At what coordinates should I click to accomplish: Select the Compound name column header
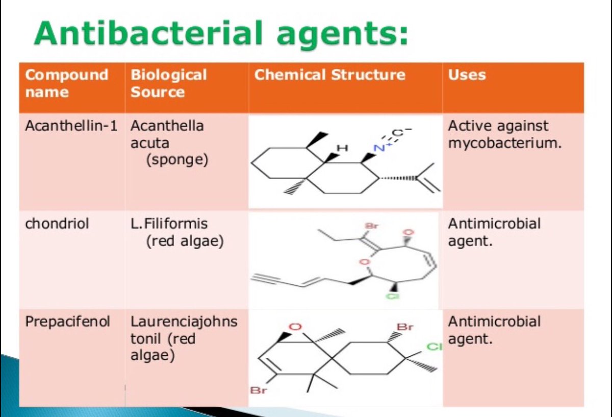pos(66,83)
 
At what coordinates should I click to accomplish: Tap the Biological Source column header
pos(169,83)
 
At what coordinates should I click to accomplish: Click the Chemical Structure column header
pos(329,75)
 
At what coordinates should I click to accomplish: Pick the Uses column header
pos(467,75)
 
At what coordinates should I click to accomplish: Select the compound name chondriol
pos(57,224)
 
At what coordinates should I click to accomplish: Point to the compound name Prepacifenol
pos(67,322)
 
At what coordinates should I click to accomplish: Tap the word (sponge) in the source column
pos(177,160)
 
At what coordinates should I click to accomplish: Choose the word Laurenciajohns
pos(184,322)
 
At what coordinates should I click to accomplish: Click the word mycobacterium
pos(504,143)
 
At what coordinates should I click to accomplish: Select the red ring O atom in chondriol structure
pos(363,262)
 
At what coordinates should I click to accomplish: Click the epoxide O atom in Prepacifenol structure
pos(295,327)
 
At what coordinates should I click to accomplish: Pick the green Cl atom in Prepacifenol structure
pos(433,348)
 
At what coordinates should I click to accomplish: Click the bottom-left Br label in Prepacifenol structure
pos(258,390)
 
